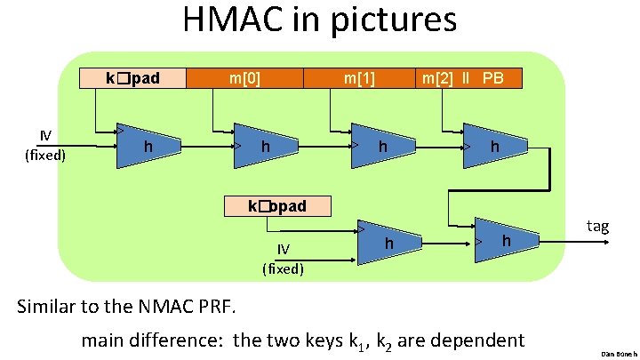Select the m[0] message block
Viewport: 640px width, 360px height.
244,78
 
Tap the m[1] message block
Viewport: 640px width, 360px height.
359,78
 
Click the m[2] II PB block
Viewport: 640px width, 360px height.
463,78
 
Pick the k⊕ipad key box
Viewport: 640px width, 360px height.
133,78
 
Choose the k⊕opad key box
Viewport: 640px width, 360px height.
277,206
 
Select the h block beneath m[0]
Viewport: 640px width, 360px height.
265,145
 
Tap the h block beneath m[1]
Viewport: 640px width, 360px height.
381,145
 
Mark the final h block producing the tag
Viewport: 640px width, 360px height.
505,241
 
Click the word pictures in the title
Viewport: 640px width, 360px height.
393,20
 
